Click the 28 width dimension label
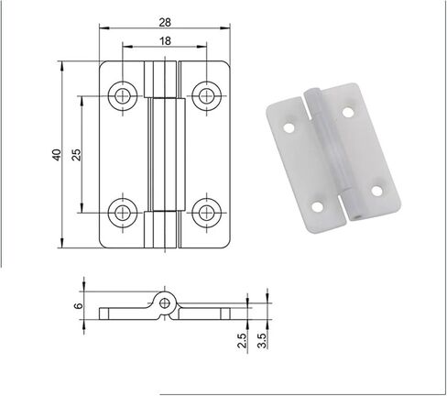(165, 22)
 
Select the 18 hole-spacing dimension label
(165, 40)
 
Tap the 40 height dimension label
(57, 155)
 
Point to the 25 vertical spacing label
(76, 155)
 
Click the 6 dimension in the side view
(79, 305)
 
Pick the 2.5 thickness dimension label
(242, 340)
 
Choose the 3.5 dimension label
(262, 340)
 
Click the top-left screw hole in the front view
(123, 96)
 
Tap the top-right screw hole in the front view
(207, 96)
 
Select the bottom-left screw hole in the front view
(123, 213)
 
